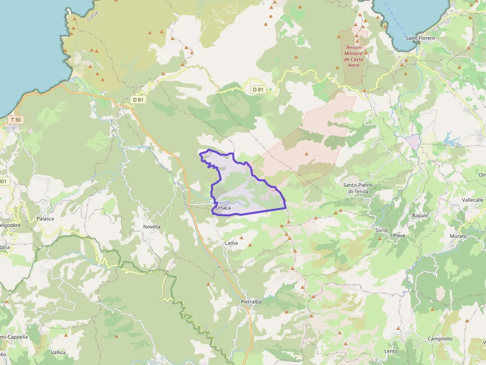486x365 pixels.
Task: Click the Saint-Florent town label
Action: [420, 38]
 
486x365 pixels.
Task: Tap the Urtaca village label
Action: [224, 208]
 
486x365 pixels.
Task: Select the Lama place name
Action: [231, 243]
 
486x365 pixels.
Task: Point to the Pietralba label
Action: [251, 302]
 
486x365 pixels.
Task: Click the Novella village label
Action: [152, 227]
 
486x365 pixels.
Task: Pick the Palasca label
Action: [45, 218]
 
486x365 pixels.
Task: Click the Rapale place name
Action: [420, 216]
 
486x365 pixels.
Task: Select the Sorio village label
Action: [381, 231]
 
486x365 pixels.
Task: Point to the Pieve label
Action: [399, 235]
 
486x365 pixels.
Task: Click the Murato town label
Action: [458, 236]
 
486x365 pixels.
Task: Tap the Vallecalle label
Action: [472, 200]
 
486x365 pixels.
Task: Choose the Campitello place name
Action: [440, 339]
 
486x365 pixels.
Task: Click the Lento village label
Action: [391, 351]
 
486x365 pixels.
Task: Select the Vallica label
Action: [58, 353]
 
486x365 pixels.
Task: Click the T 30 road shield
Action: [16, 120]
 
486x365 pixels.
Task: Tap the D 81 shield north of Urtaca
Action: [258, 90]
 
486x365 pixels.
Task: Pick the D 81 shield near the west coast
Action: [138, 100]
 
